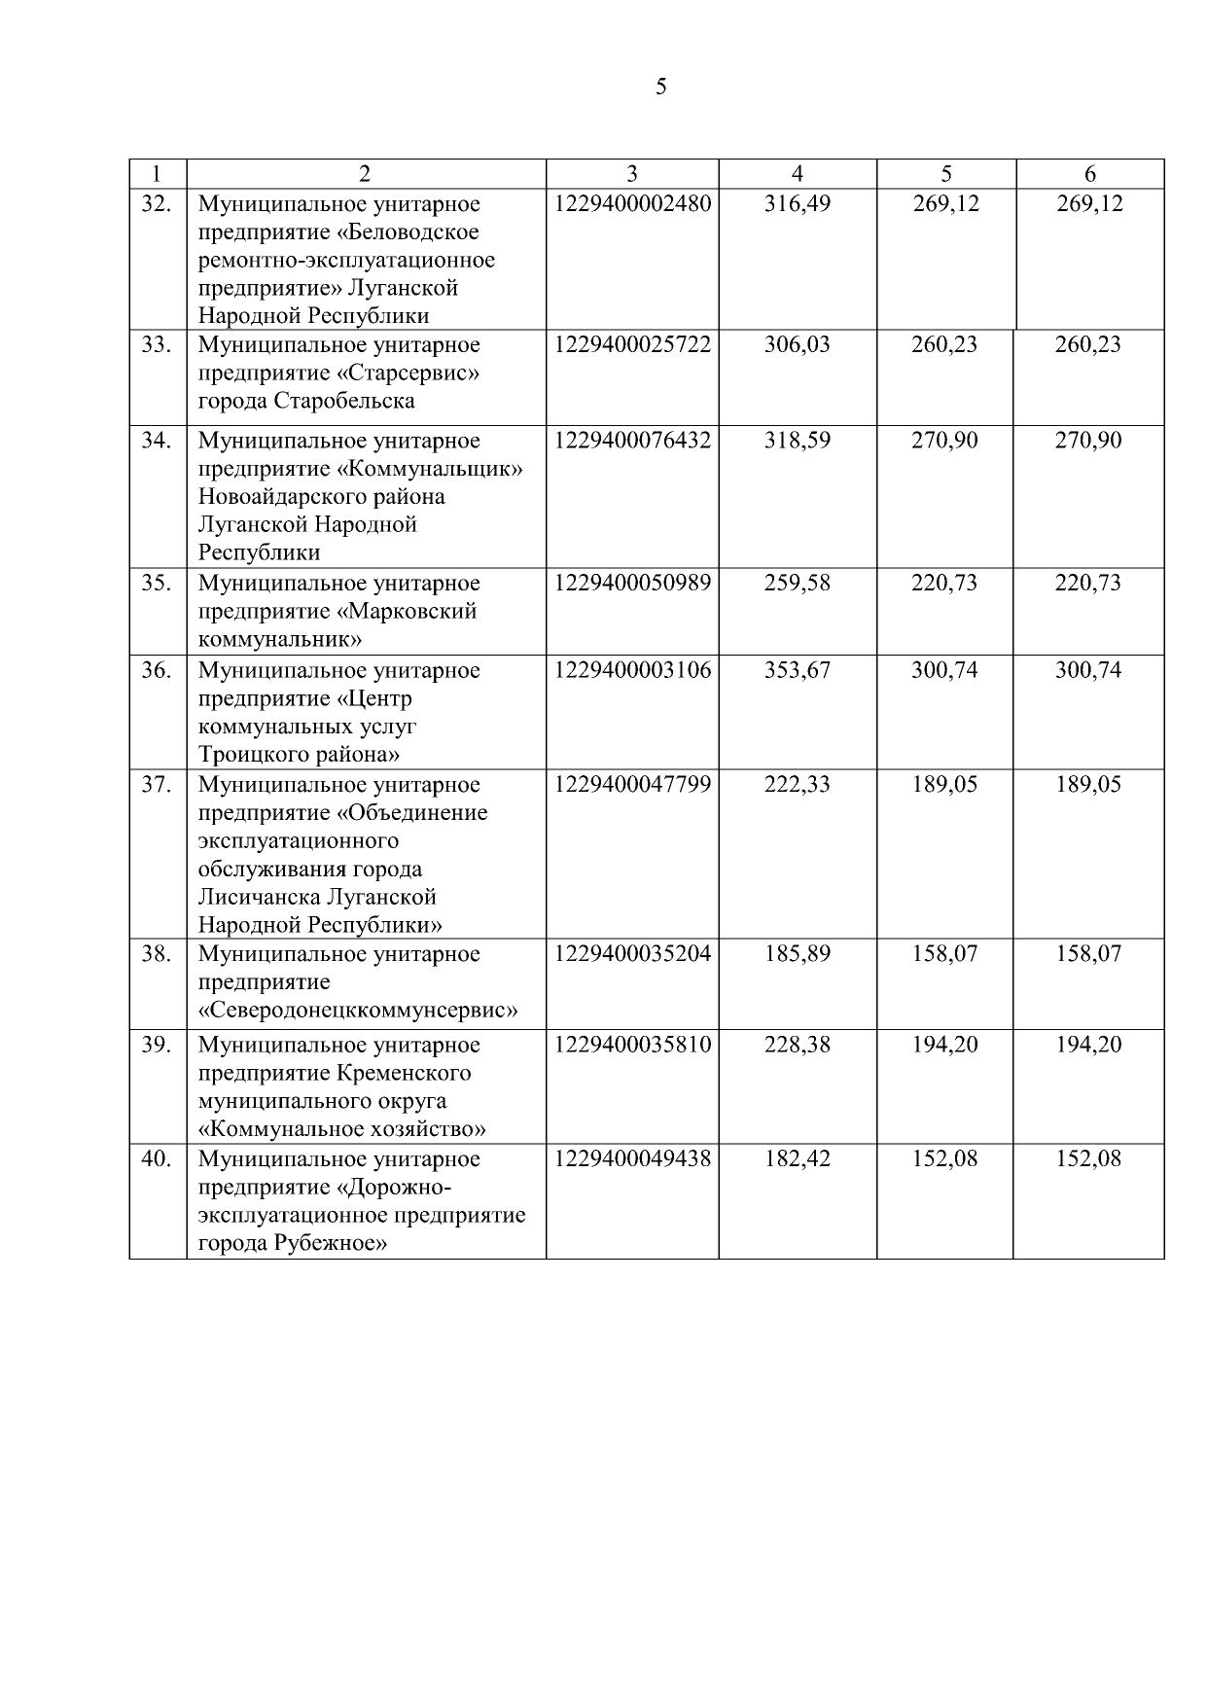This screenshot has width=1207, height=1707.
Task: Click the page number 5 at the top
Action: pyautogui.click(x=661, y=88)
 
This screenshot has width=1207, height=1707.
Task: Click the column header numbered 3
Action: pyautogui.click(x=632, y=174)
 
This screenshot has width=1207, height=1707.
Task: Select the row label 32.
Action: pyautogui.click(x=157, y=204)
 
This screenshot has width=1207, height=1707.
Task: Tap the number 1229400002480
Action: pyautogui.click(x=632, y=204)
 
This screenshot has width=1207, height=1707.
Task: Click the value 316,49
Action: pyautogui.click(x=798, y=204)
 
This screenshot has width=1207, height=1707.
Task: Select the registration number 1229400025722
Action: pyautogui.click(x=632, y=345)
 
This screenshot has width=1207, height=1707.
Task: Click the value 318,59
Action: pyautogui.click(x=798, y=441)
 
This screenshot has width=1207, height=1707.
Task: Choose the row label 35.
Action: pyautogui.click(x=157, y=584)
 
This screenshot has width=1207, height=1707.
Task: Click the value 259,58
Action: pyautogui.click(x=798, y=584)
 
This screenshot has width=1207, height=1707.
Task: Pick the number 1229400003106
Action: pyautogui.click(x=632, y=671)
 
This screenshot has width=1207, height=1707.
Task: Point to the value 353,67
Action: pyautogui.click(x=798, y=671)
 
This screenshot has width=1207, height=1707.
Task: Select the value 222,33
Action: pyautogui.click(x=798, y=785)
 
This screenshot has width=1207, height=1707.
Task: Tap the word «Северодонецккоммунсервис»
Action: pyautogui.click(x=358, y=1011)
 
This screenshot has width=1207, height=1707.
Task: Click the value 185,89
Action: pyautogui.click(x=798, y=954)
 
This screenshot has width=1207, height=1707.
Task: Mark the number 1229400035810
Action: pyautogui.click(x=632, y=1046)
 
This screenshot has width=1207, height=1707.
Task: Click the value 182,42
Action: pyautogui.click(x=798, y=1159)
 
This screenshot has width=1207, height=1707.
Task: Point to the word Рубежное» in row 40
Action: pyautogui.click(x=331, y=1244)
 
